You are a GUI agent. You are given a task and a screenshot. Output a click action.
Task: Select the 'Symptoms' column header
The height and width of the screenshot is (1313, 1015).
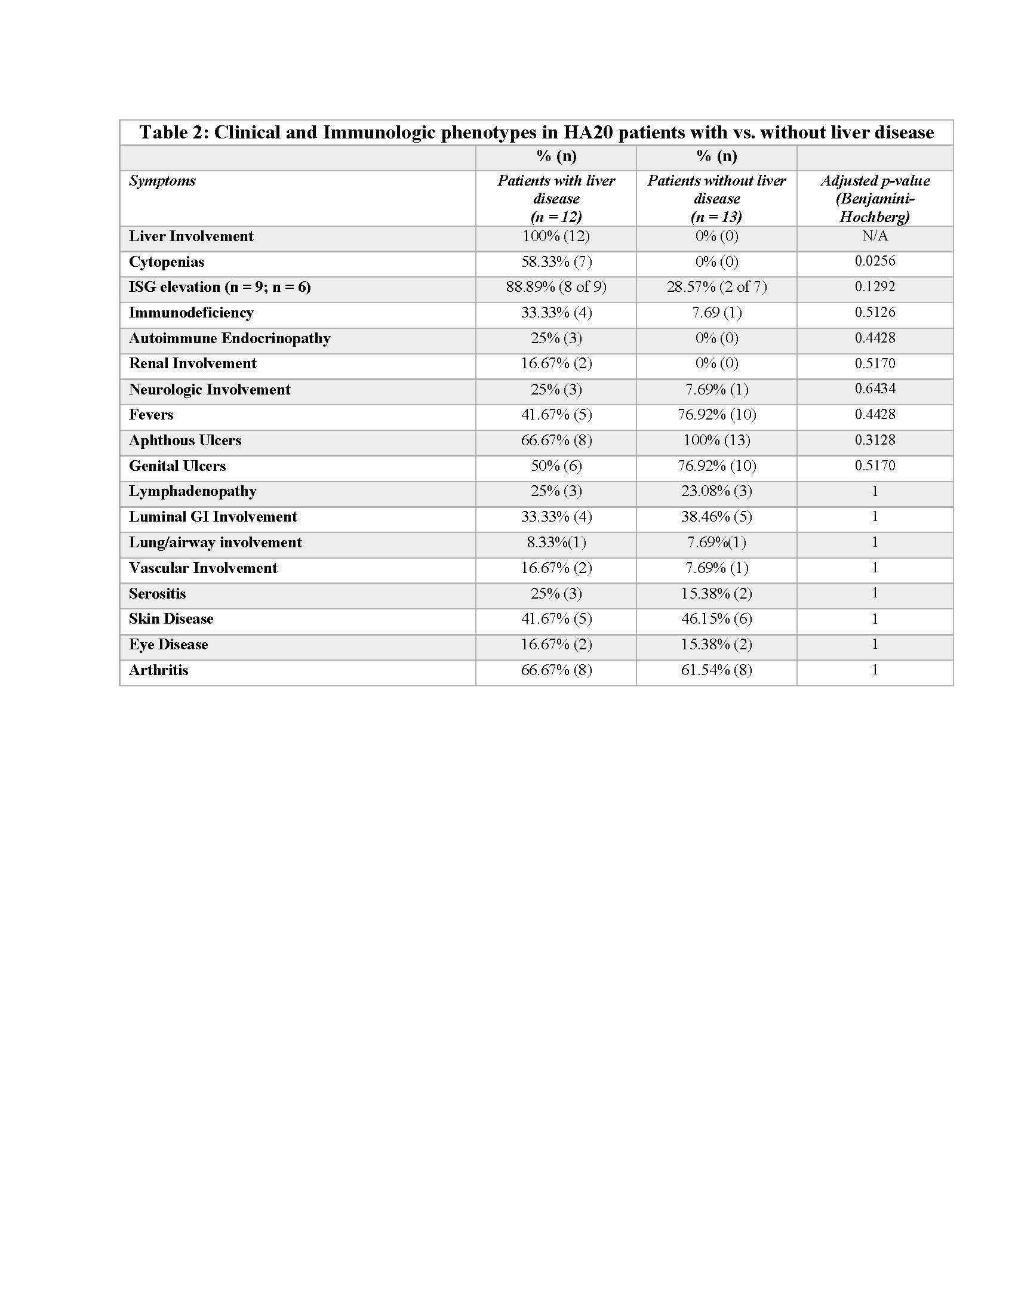(162, 181)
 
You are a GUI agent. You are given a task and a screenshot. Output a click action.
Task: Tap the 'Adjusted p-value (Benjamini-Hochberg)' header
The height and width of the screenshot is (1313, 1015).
(875, 198)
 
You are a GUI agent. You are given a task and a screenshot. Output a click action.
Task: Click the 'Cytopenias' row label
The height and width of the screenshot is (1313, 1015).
(167, 262)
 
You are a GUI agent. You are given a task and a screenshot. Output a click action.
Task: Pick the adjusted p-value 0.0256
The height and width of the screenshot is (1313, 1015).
(875, 261)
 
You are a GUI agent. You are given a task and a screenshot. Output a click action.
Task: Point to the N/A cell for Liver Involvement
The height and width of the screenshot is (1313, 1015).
(875, 236)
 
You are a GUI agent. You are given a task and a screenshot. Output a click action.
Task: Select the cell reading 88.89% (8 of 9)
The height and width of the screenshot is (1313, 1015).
(556, 286)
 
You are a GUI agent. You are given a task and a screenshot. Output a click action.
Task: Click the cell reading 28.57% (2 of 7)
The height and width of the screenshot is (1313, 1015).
(716, 286)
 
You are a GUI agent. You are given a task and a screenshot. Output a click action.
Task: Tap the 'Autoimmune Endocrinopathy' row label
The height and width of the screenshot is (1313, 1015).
(230, 338)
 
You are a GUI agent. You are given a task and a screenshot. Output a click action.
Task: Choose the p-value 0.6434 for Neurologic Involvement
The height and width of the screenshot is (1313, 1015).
(875, 389)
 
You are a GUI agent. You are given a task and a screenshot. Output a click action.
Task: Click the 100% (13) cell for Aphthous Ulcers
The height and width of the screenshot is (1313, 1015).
(716, 440)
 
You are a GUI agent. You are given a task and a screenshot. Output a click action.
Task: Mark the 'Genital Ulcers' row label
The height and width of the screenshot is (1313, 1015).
(177, 466)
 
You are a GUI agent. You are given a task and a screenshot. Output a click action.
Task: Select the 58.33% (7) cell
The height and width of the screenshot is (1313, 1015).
(556, 262)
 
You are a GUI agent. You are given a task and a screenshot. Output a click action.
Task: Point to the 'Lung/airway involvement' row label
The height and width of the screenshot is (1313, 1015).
(216, 543)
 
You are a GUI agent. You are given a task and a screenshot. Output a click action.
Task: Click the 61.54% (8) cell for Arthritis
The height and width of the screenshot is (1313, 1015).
(716, 670)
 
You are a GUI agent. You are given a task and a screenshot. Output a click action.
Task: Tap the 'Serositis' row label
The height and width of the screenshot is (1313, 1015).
(158, 593)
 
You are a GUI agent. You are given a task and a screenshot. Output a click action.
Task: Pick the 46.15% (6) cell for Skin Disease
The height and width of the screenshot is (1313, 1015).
(716, 619)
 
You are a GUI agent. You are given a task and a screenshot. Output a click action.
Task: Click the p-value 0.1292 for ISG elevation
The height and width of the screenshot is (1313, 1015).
(875, 286)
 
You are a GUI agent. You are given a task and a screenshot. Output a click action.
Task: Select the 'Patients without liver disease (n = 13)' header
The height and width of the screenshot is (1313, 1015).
(716, 198)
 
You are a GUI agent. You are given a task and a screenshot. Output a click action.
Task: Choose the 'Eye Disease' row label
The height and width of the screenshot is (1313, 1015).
(168, 645)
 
